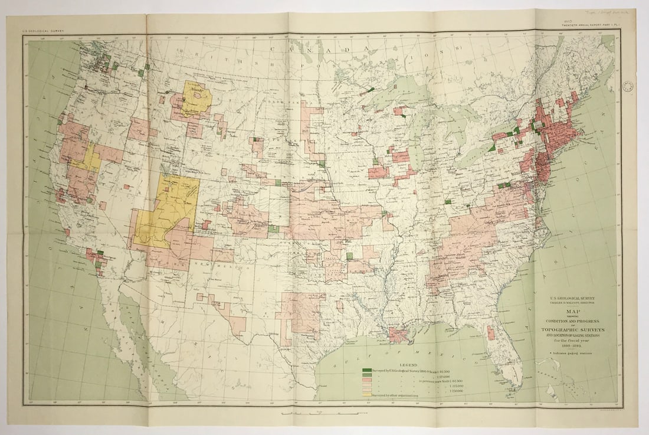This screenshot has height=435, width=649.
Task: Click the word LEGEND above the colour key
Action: pyautogui.click(x=408, y=365)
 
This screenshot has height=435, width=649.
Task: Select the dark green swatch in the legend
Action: pyautogui.click(x=367, y=371)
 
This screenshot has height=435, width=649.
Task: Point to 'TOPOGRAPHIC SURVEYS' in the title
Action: pyautogui.click(x=571, y=329)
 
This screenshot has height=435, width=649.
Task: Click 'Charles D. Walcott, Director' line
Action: pyautogui.click(x=571, y=304)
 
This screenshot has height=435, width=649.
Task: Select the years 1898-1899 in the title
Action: pyautogui.click(x=571, y=347)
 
